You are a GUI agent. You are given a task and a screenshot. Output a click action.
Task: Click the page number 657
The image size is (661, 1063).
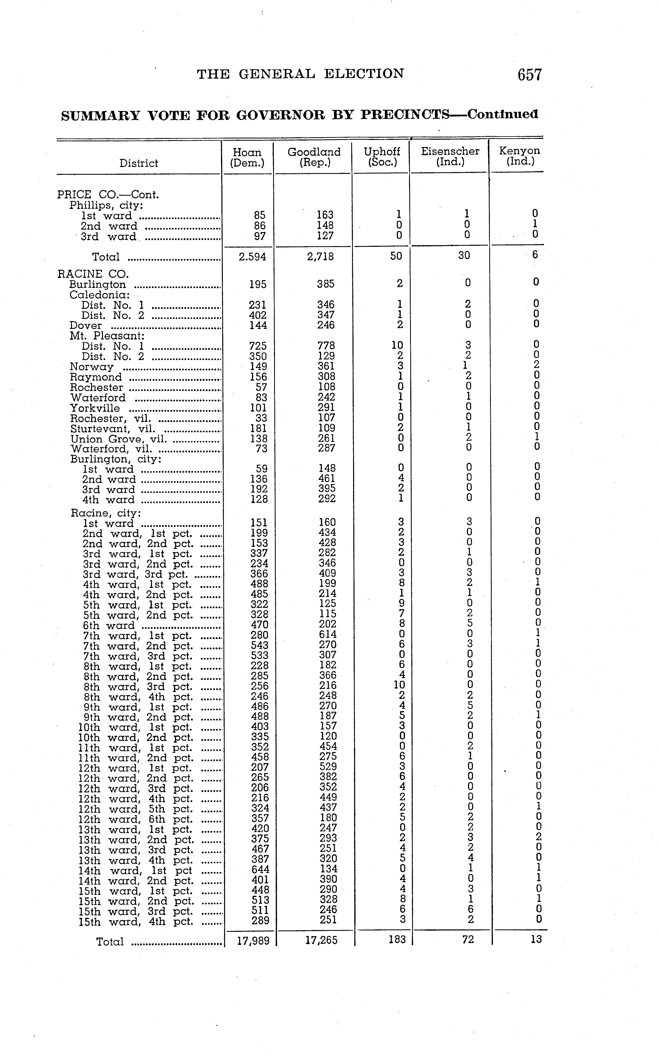(529, 75)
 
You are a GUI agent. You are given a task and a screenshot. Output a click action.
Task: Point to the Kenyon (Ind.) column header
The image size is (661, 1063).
(519, 156)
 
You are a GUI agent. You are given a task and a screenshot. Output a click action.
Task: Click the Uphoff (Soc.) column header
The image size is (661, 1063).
(382, 157)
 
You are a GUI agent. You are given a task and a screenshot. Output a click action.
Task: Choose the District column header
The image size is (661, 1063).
(139, 163)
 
